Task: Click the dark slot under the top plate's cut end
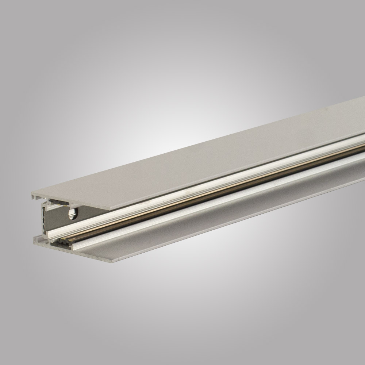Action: (x=58, y=201)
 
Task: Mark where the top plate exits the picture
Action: (x=363, y=109)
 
